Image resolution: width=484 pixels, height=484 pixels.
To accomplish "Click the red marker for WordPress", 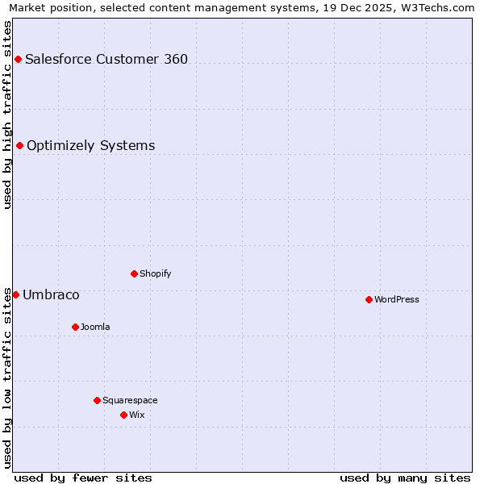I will point(369,299).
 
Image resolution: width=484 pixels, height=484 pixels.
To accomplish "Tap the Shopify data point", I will point(134,273).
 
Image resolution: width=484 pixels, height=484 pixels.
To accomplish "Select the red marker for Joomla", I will point(75,327).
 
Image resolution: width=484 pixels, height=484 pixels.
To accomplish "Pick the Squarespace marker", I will point(97,400).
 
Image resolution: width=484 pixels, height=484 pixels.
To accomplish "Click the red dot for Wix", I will point(123,415).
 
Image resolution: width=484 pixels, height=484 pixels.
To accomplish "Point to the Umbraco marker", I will point(15,294).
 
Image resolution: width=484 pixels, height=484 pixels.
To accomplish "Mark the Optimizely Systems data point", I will point(19,145).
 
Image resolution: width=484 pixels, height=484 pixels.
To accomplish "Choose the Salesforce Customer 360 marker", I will point(18,59).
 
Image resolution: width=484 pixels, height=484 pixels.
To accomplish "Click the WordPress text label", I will point(397,299).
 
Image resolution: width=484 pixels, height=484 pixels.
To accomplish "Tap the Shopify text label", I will point(156,273).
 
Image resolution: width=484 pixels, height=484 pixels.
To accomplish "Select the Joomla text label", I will point(95,327).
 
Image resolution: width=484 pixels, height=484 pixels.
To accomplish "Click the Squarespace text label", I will point(130,400).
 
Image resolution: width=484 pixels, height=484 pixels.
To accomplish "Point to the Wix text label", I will point(137,415).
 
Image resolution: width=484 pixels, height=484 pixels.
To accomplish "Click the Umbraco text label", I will point(51,294).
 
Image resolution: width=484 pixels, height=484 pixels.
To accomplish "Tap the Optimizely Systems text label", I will point(91,145).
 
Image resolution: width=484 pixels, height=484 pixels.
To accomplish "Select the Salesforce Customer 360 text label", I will point(106,59).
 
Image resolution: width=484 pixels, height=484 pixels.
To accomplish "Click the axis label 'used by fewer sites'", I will point(83,478).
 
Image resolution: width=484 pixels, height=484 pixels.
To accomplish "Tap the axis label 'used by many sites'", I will point(405,478).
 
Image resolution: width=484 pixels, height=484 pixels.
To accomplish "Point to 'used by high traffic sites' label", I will point(7,115).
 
